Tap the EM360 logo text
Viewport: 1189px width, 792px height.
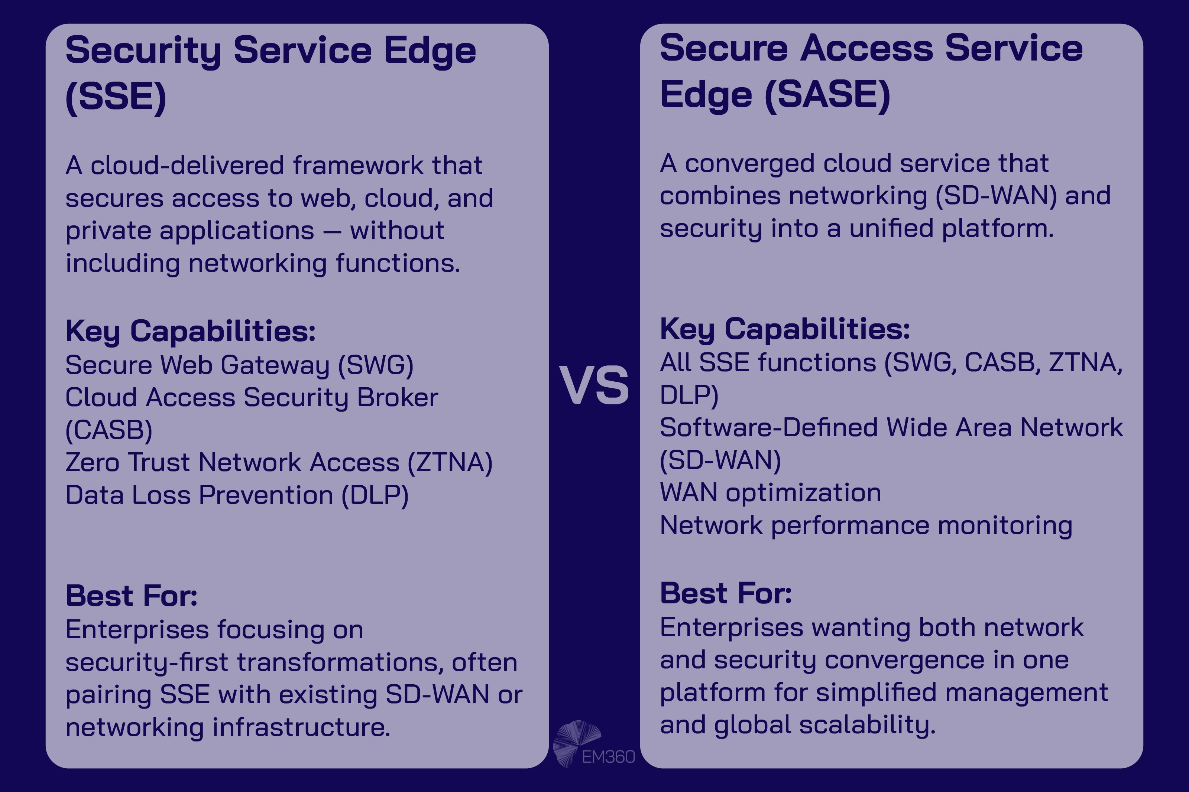[x=608, y=757]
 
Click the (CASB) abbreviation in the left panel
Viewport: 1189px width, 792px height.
[x=108, y=430]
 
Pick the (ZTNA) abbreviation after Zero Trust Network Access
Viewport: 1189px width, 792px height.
[x=450, y=463]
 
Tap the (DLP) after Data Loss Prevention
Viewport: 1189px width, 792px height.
[x=375, y=495]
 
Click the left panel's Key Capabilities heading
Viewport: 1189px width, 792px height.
[x=191, y=331]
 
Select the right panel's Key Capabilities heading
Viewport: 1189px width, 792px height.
[x=785, y=329]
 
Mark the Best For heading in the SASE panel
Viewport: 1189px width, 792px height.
[x=726, y=593]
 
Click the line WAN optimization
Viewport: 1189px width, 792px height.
[x=770, y=492]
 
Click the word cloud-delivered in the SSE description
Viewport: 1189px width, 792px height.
[x=187, y=166]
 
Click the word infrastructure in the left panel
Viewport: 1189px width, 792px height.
[x=301, y=727]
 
